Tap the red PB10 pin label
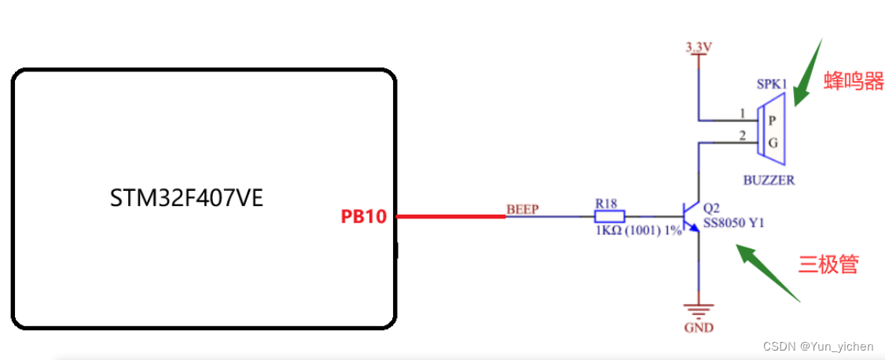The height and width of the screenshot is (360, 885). click(363, 216)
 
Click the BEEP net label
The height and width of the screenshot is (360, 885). click(521, 209)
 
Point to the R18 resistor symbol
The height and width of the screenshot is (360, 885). click(610, 216)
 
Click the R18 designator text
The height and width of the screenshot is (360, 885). click(605, 204)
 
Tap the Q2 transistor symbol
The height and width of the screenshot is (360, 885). click(692, 216)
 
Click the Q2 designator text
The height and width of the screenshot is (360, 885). click(711, 209)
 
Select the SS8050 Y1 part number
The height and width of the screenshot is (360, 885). click(733, 223)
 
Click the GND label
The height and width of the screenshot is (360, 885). click(698, 327)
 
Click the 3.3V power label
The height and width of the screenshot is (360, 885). click(698, 47)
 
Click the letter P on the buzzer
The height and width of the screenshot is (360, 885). click(772, 120)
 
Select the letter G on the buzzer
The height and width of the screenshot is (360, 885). click(772, 143)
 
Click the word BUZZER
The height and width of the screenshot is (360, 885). click(769, 180)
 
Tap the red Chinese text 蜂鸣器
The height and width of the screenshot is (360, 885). click(854, 80)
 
